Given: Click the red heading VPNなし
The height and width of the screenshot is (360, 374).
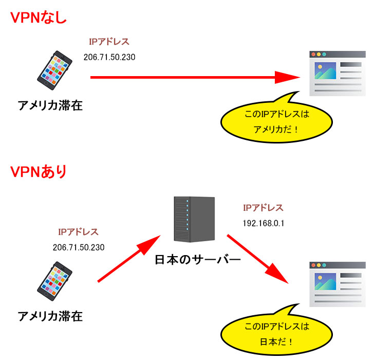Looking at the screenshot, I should [39, 17].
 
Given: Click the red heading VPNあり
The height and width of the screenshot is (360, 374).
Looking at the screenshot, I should [39, 171].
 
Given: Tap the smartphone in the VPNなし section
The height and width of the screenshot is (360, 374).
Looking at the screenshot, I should [55, 71].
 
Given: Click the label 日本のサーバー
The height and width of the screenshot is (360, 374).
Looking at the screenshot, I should [197, 260].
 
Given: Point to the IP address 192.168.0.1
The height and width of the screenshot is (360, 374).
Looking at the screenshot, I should [263, 224].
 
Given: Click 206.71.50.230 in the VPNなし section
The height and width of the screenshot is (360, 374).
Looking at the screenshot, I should [109, 57].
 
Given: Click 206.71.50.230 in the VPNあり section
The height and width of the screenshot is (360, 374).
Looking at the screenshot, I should [79, 247].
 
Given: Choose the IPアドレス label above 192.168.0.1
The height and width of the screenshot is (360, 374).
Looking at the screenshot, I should [263, 208].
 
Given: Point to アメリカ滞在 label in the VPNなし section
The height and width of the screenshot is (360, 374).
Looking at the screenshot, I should [50, 106].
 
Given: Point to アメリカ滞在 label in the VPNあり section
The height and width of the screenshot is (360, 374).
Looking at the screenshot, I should [50, 316].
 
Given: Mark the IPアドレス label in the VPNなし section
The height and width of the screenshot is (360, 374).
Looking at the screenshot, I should [109, 42].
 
